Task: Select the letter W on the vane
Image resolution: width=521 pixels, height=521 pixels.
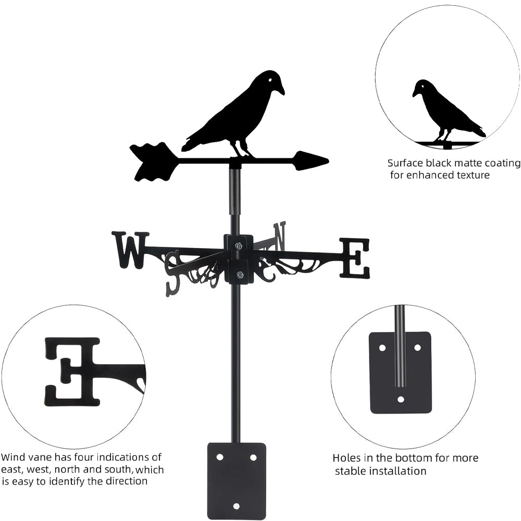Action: (130, 250)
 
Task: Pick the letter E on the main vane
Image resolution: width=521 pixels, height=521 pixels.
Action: (355, 258)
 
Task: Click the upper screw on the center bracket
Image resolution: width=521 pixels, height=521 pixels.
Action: (238, 246)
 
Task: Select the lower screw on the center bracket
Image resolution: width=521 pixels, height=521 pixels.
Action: (239, 275)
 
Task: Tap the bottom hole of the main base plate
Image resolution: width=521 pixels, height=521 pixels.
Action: (236, 506)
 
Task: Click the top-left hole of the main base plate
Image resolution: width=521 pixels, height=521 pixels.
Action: (220, 457)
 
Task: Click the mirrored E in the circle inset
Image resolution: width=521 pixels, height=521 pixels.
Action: (73, 371)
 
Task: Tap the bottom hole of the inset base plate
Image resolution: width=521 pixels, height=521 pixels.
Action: (400, 400)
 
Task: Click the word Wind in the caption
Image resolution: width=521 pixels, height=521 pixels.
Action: (12, 457)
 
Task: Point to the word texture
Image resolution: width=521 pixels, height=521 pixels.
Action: (471, 175)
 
